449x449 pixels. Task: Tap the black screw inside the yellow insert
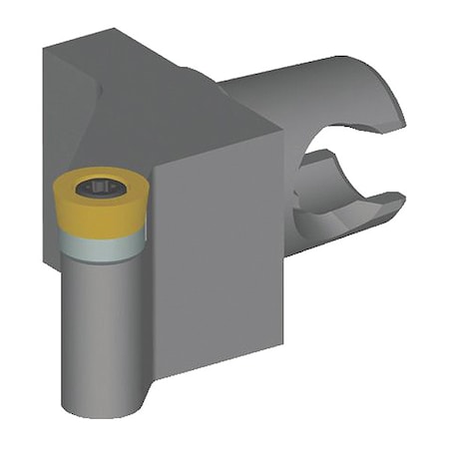(x=101, y=188)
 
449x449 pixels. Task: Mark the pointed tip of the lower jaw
(x=403, y=203)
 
